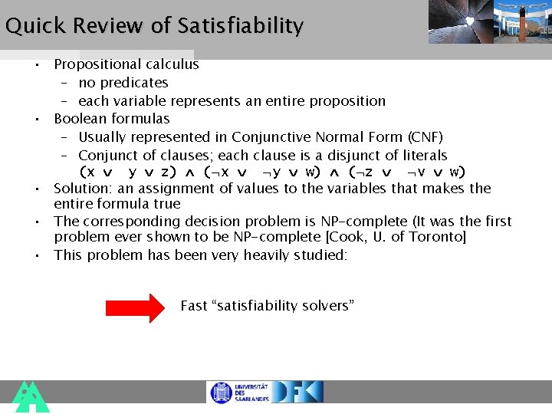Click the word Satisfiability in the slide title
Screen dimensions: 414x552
coord(240,26)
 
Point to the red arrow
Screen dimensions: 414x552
coord(135,307)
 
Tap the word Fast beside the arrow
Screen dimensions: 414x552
coord(194,306)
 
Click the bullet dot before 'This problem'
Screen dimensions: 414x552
coord(37,255)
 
